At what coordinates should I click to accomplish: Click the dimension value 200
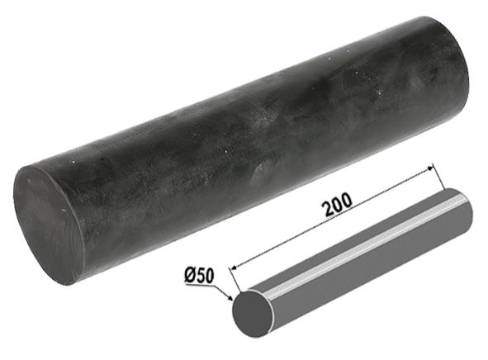[337, 205]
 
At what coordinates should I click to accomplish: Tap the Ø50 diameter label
[199, 276]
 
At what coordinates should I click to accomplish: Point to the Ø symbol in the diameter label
[190, 275]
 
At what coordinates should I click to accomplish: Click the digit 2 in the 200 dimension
[328, 209]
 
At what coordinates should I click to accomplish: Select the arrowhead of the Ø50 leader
[230, 298]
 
